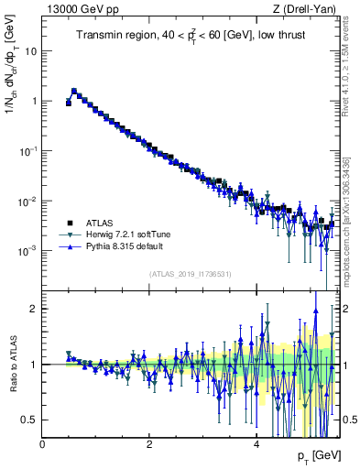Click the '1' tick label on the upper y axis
33,101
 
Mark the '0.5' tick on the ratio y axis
29,420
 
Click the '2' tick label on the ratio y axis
34,309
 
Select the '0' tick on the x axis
42,444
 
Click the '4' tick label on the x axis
256,444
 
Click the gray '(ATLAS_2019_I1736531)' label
190,274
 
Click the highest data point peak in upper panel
74,91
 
